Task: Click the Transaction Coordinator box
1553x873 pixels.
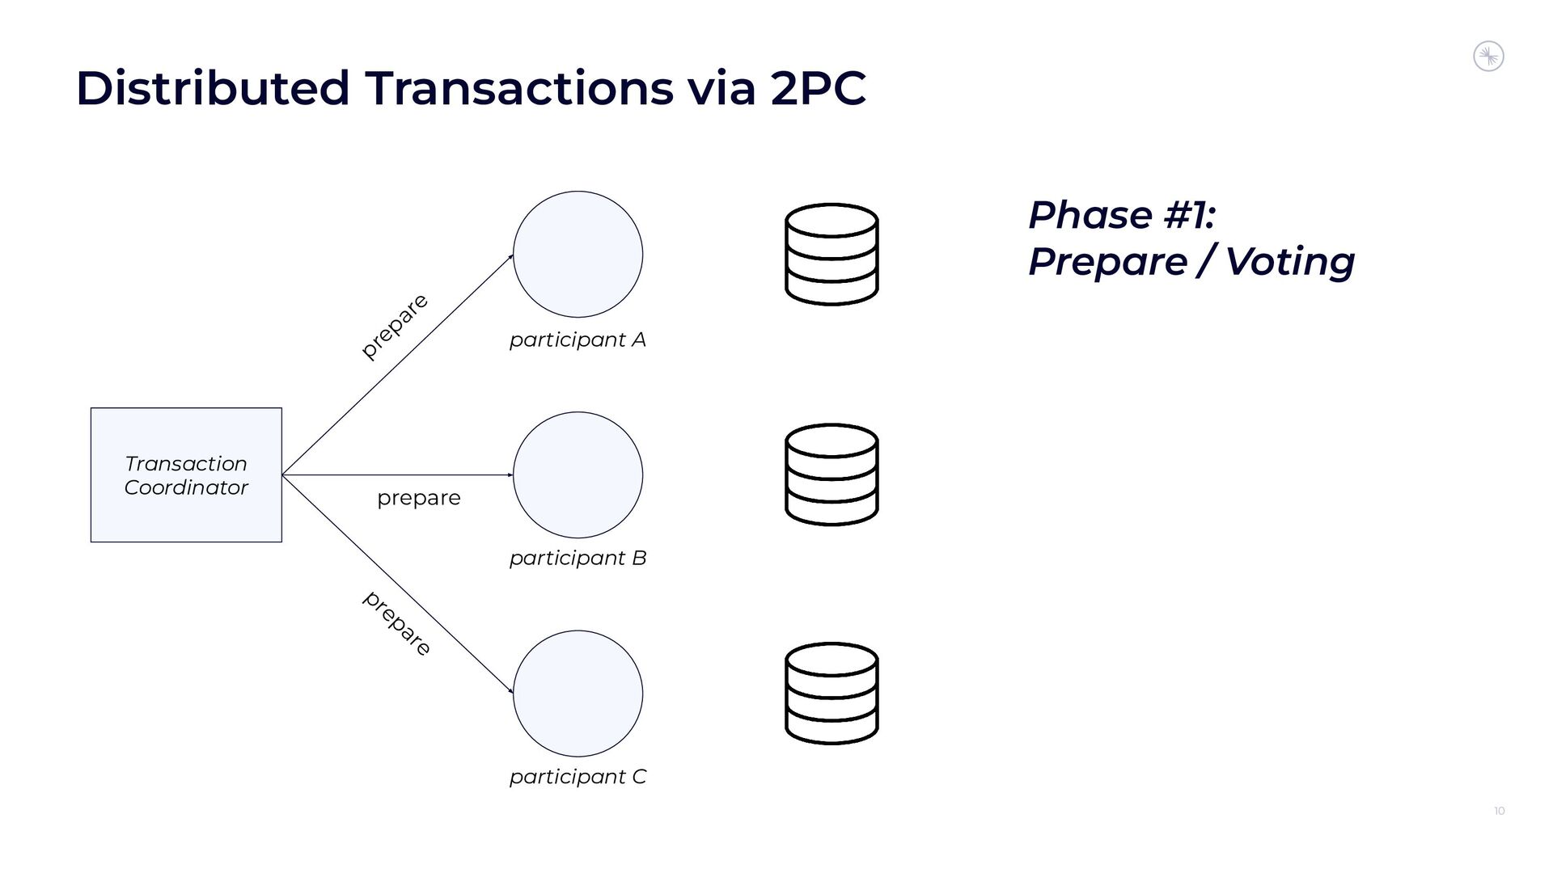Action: tap(186, 474)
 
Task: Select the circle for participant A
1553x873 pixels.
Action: tap(578, 254)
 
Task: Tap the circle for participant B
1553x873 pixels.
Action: tap(578, 474)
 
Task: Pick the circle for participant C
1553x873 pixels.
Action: tap(578, 693)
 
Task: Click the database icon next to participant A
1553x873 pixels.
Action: tap(832, 254)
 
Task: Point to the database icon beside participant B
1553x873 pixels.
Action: tap(832, 474)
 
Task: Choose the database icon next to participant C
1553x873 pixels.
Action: tap(832, 693)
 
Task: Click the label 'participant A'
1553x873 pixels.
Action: tap(578, 340)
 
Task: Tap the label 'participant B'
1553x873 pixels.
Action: tap(578, 559)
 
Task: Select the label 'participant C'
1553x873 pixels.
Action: tap(578, 777)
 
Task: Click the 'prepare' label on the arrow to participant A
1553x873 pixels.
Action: tap(394, 326)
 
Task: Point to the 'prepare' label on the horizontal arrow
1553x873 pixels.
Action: tap(418, 498)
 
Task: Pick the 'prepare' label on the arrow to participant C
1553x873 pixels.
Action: tap(396, 623)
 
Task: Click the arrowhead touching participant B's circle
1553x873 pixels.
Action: tap(510, 475)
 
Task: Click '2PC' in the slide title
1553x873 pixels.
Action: tap(818, 88)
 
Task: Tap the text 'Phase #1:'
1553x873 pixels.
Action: tap(1122, 215)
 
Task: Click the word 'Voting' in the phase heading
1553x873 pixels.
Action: tap(1289, 261)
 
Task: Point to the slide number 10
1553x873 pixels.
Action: tap(1499, 811)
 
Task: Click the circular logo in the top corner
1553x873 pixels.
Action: tap(1488, 57)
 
